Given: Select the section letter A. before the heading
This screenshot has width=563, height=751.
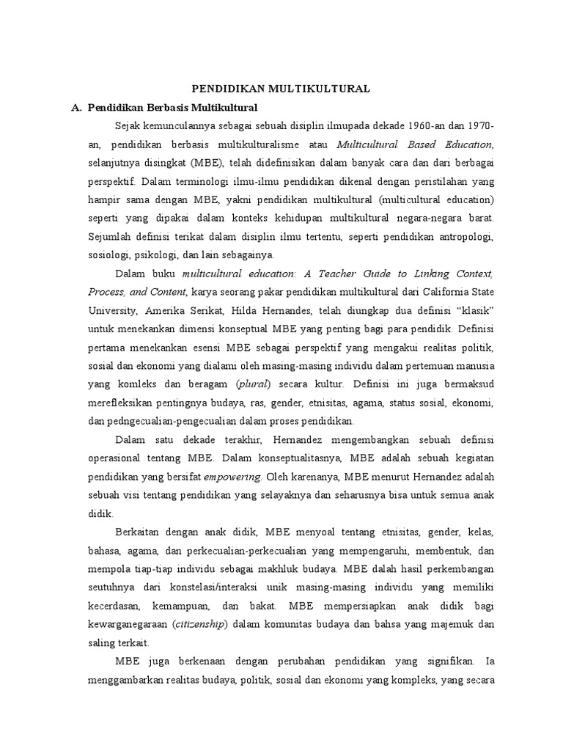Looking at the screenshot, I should [76, 108].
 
